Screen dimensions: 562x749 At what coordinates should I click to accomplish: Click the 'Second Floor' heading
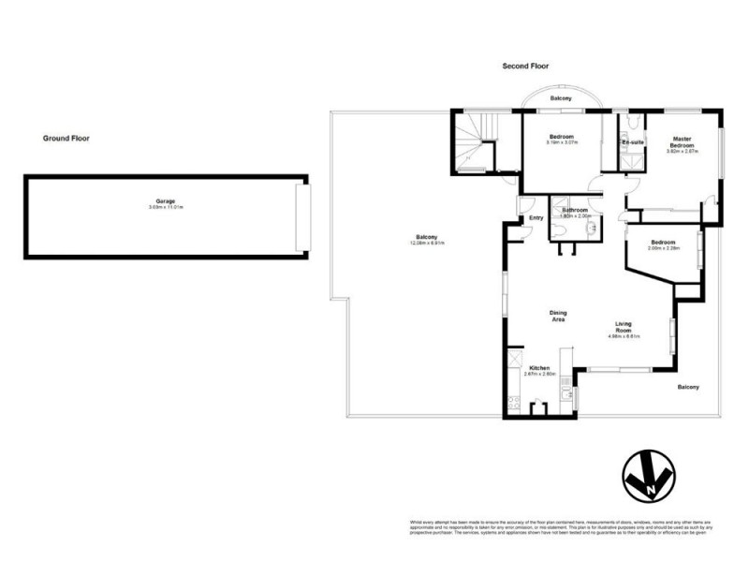click(x=524, y=67)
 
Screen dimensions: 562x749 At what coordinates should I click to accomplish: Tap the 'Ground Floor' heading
click(x=66, y=139)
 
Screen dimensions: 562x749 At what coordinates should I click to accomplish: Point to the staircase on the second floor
click(x=477, y=140)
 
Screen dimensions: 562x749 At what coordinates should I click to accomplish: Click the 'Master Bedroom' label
click(x=682, y=142)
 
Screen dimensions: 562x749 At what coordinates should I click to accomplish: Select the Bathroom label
click(x=575, y=210)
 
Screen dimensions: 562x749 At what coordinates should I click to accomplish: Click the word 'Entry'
click(x=536, y=218)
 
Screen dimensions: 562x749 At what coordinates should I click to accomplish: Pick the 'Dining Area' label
click(x=558, y=317)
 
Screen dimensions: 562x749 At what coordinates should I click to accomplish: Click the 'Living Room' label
click(x=623, y=328)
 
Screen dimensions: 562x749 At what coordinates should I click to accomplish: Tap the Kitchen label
click(x=540, y=367)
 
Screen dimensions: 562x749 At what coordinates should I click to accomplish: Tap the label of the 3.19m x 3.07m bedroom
click(x=562, y=137)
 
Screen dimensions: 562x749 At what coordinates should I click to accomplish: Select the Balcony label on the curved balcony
click(x=562, y=97)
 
